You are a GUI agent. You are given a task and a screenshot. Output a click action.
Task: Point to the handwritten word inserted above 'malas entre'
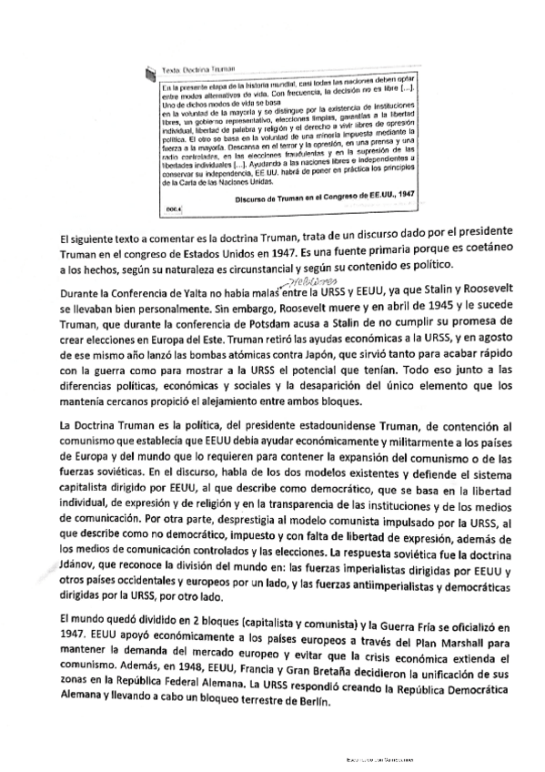pyautogui.click(x=277, y=282)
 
